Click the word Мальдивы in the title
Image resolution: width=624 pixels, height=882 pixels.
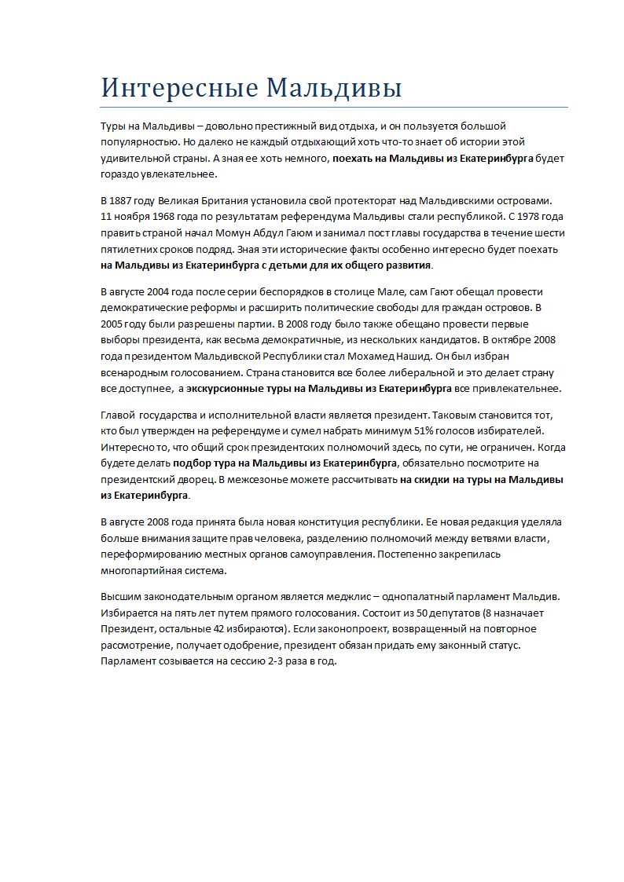tap(333, 87)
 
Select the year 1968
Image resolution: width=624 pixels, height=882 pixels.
tap(166, 216)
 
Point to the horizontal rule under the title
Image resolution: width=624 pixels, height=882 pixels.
tap(334, 107)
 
